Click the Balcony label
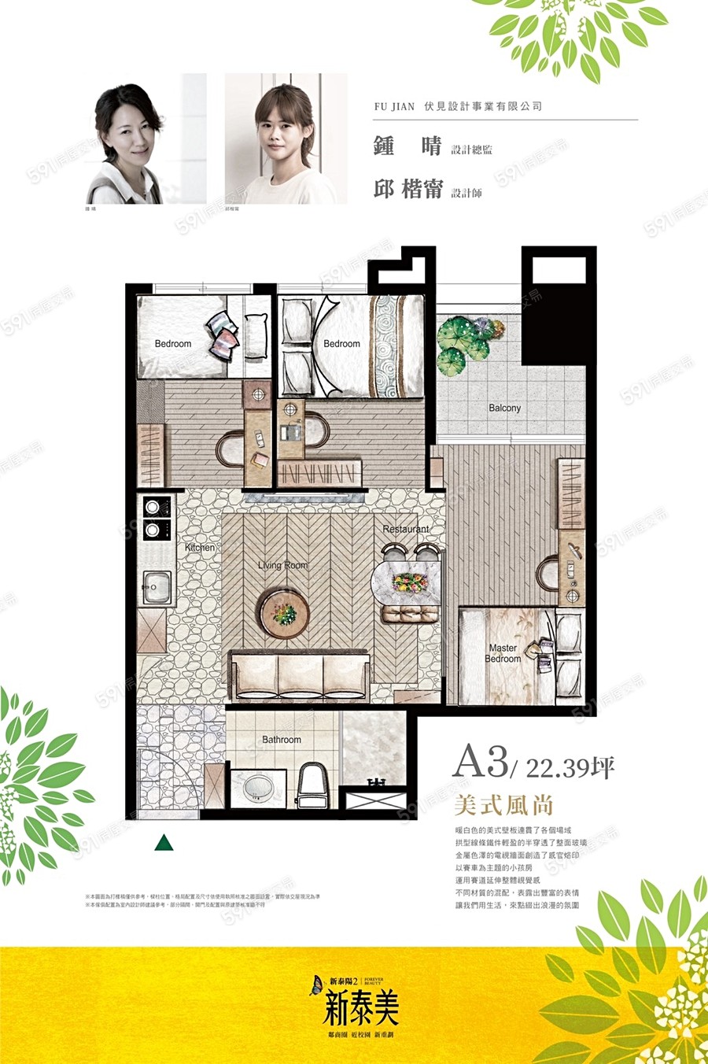[504, 408]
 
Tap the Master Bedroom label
[503, 653]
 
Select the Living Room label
[283, 565]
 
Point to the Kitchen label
[200, 547]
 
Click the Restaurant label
[406, 530]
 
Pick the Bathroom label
[282, 740]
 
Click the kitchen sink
[157, 587]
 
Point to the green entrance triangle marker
[164, 843]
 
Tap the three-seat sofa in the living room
[299, 674]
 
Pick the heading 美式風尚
[504, 805]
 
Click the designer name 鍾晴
[407, 147]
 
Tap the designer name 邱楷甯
[408, 190]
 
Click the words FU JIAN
[394, 106]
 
